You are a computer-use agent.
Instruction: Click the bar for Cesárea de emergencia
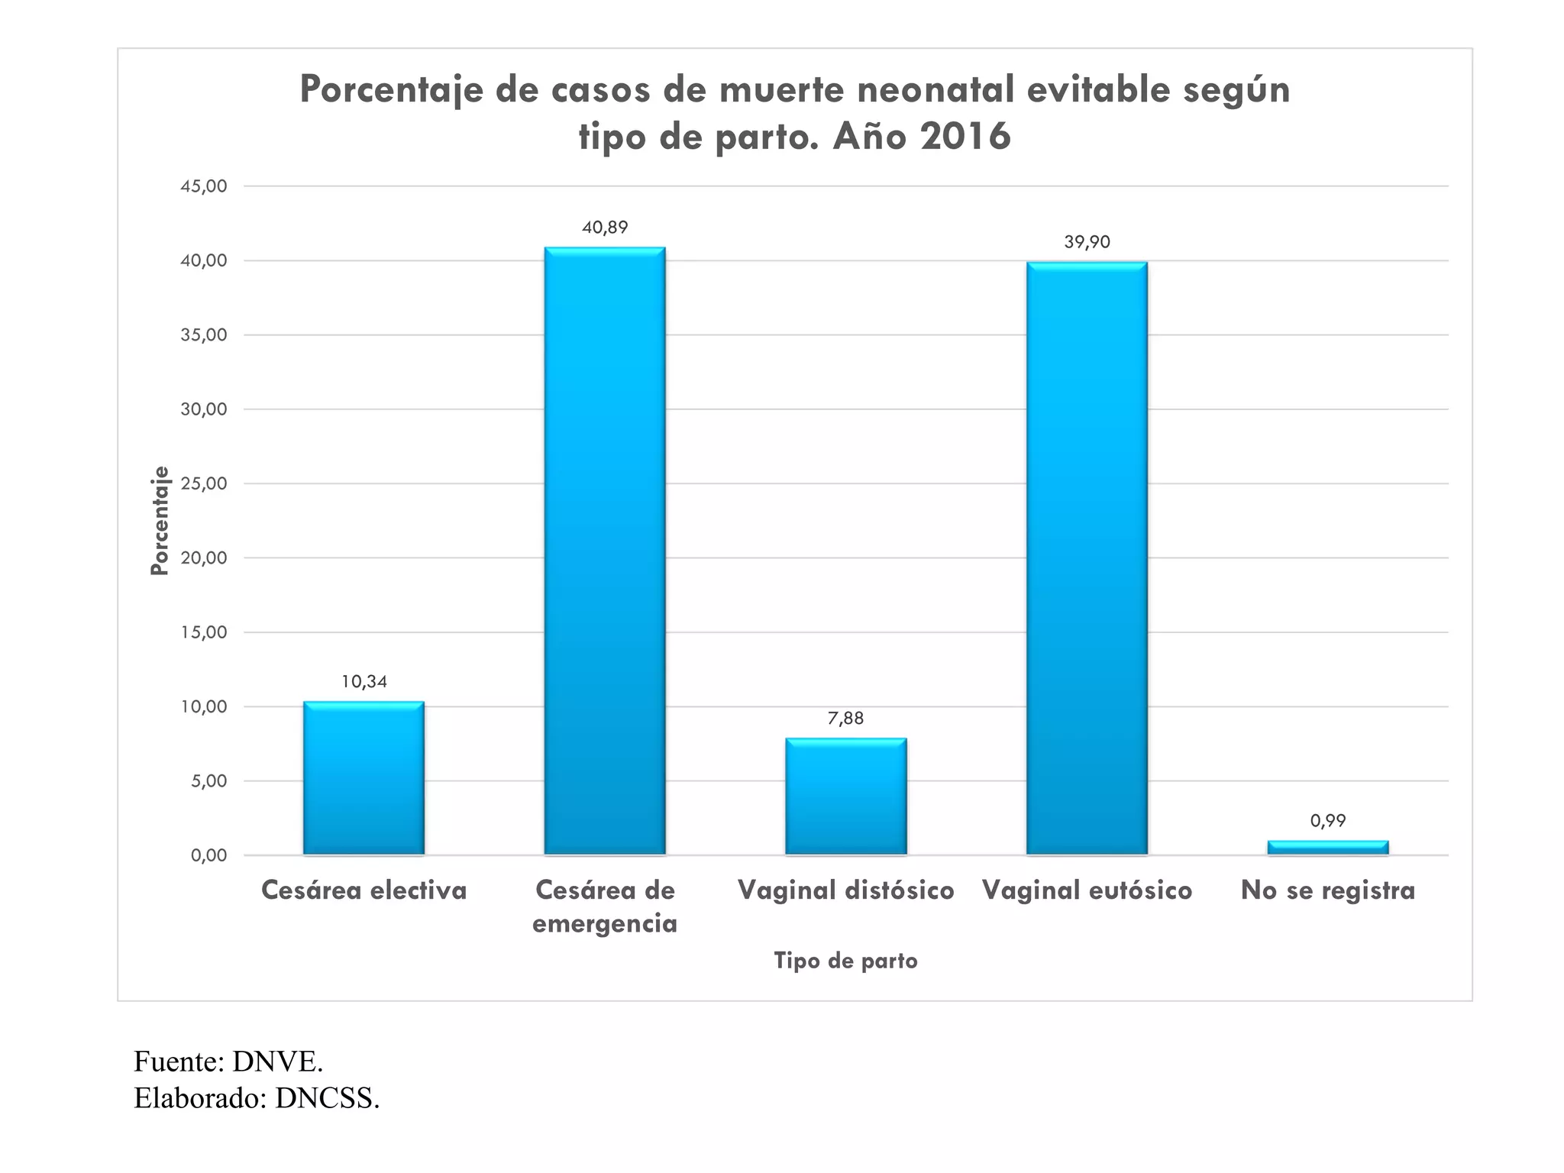click(604, 550)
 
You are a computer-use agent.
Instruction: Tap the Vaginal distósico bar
click(845, 796)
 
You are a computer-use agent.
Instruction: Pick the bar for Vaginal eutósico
click(1087, 557)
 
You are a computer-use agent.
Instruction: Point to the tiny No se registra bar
click(1327, 847)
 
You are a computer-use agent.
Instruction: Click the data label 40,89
click(604, 228)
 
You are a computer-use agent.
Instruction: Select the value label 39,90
click(1087, 242)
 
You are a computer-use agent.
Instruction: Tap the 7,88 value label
click(845, 718)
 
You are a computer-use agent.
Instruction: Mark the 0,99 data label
click(1327, 820)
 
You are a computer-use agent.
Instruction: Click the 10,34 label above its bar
click(364, 681)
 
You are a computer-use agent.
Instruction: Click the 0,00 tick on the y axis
click(208, 855)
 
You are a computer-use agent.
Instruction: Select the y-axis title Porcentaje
click(159, 520)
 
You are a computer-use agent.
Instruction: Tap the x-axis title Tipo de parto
click(845, 960)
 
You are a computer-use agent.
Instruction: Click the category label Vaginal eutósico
click(1087, 890)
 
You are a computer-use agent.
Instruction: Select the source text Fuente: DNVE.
click(228, 1062)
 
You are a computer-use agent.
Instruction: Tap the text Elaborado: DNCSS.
click(257, 1098)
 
